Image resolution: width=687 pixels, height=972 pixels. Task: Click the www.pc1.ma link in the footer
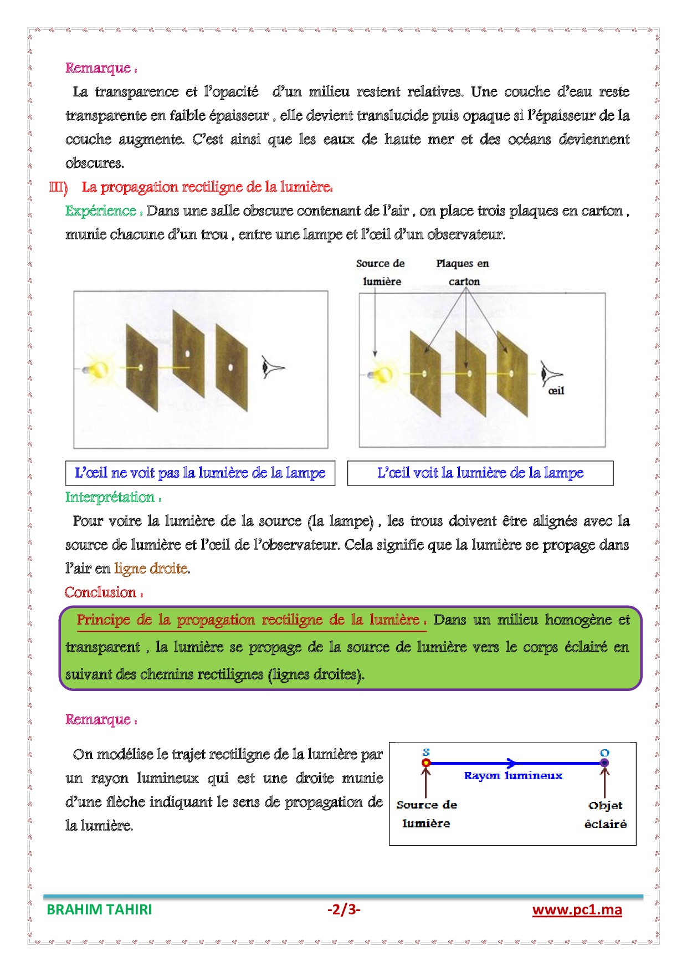(577, 910)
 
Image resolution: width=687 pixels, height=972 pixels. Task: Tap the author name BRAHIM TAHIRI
(99, 910)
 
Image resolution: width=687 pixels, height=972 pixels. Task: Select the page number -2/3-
(343, 909)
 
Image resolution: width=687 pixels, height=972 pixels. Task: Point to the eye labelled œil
(550, 373)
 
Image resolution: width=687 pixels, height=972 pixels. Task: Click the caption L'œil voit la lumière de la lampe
(480, 473)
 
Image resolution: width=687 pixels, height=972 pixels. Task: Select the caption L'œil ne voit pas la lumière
(200, 473)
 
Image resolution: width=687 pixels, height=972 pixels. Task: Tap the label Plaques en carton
(463, 272)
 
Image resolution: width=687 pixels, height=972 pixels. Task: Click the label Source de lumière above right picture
(381, 272)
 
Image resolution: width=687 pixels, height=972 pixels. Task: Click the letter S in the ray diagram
(426, 752)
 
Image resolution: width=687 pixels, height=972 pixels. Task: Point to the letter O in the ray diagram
(604, 753)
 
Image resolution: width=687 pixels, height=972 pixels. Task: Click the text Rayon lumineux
(513, 776)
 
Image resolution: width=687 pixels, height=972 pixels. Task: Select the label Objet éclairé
(606, 815)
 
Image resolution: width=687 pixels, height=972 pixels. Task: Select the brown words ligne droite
(151, 569)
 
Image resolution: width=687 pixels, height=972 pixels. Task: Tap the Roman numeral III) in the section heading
(58, 187)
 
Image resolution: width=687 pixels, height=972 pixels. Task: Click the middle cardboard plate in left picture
(188, 355)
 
